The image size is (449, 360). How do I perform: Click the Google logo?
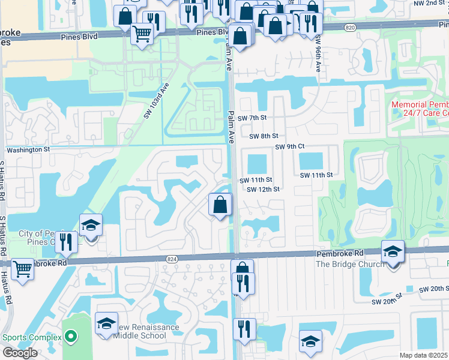click(x=20, y=353)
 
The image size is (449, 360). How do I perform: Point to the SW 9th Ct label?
click(x=290, y=147)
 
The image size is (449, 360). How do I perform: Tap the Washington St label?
click(x=28, y=149)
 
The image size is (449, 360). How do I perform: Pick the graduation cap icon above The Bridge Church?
click(x=393, y=251)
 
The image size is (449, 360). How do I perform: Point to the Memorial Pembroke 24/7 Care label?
click(x=420, y=109)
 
